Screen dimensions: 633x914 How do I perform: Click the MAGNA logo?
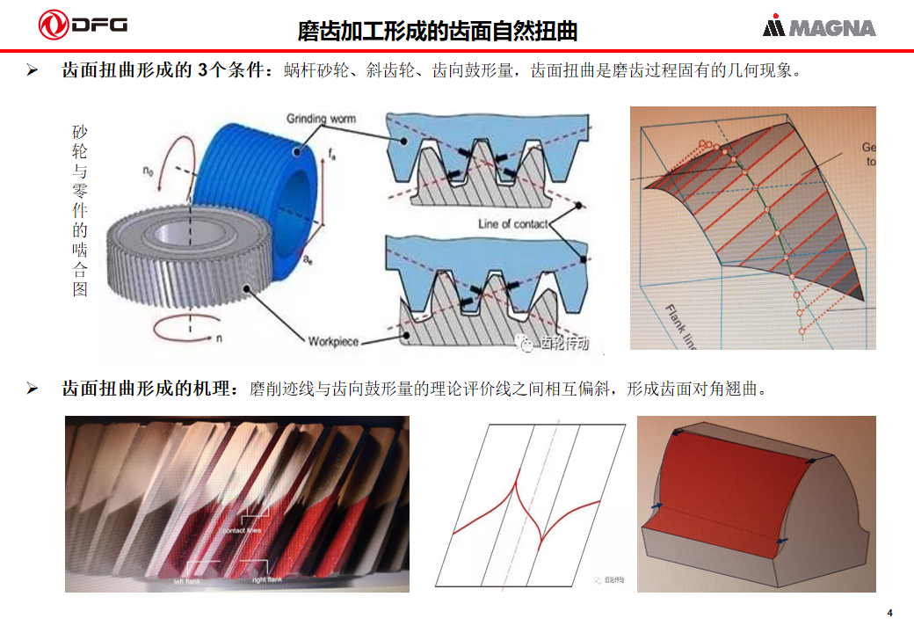(819, 27)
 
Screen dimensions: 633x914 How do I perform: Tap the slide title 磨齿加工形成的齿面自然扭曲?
(438, 32)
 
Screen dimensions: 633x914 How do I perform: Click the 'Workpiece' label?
(334, 340)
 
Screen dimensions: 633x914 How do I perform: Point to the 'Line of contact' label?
(512, 223)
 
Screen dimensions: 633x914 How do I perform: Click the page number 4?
(889, 613)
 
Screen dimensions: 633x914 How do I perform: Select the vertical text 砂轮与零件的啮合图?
(80, 210)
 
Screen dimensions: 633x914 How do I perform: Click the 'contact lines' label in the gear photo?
(240, 530)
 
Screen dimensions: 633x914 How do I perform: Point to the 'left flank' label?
(191, 581)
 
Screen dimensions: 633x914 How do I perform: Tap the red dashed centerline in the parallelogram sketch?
(539, 492)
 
